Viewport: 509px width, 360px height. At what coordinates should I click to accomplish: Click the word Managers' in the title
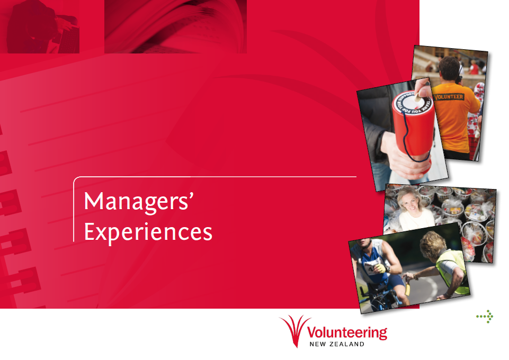click(139, 202)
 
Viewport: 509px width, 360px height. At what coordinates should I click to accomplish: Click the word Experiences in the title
click(148, 232)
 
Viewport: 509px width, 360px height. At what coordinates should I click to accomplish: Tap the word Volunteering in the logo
click(347, 333)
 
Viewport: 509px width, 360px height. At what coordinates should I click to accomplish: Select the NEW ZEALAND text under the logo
click(337, 345)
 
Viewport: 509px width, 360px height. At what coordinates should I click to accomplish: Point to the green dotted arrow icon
click(485, 317)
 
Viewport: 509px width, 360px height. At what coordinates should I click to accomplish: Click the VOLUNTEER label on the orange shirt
click(449, 97)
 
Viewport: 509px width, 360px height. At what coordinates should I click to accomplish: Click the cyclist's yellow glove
click(380, 268)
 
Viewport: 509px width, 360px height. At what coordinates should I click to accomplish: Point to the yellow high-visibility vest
click(452, 273)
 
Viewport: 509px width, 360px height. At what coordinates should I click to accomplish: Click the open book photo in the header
click(175, 26)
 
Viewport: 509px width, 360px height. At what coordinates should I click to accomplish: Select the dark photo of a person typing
click(40, 26)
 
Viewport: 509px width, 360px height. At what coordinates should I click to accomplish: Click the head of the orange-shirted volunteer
click(449, 69)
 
